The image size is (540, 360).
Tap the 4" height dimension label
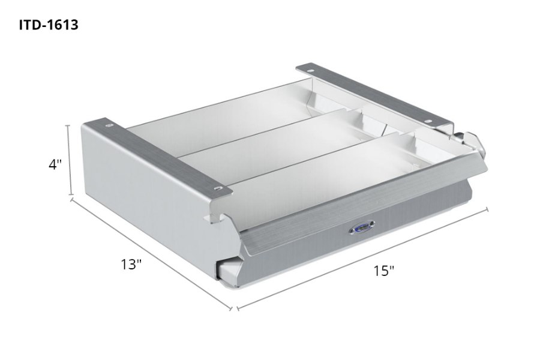pos(56,164)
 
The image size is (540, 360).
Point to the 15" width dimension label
pos(383,271)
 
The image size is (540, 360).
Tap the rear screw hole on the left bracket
pos(110,126)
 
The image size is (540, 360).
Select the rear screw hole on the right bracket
pos(315,69)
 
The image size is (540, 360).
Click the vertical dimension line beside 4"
pos(71,160)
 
